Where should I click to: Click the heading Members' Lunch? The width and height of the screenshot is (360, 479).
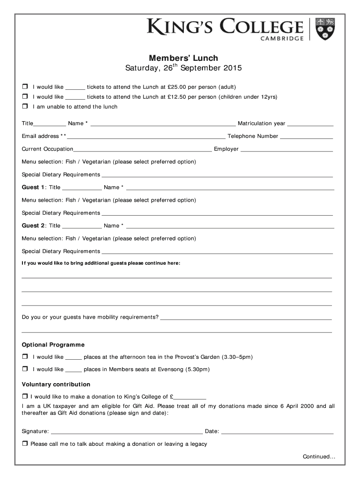[x=183, y=58]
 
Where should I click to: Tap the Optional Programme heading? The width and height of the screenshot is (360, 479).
[x=53, y=345]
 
